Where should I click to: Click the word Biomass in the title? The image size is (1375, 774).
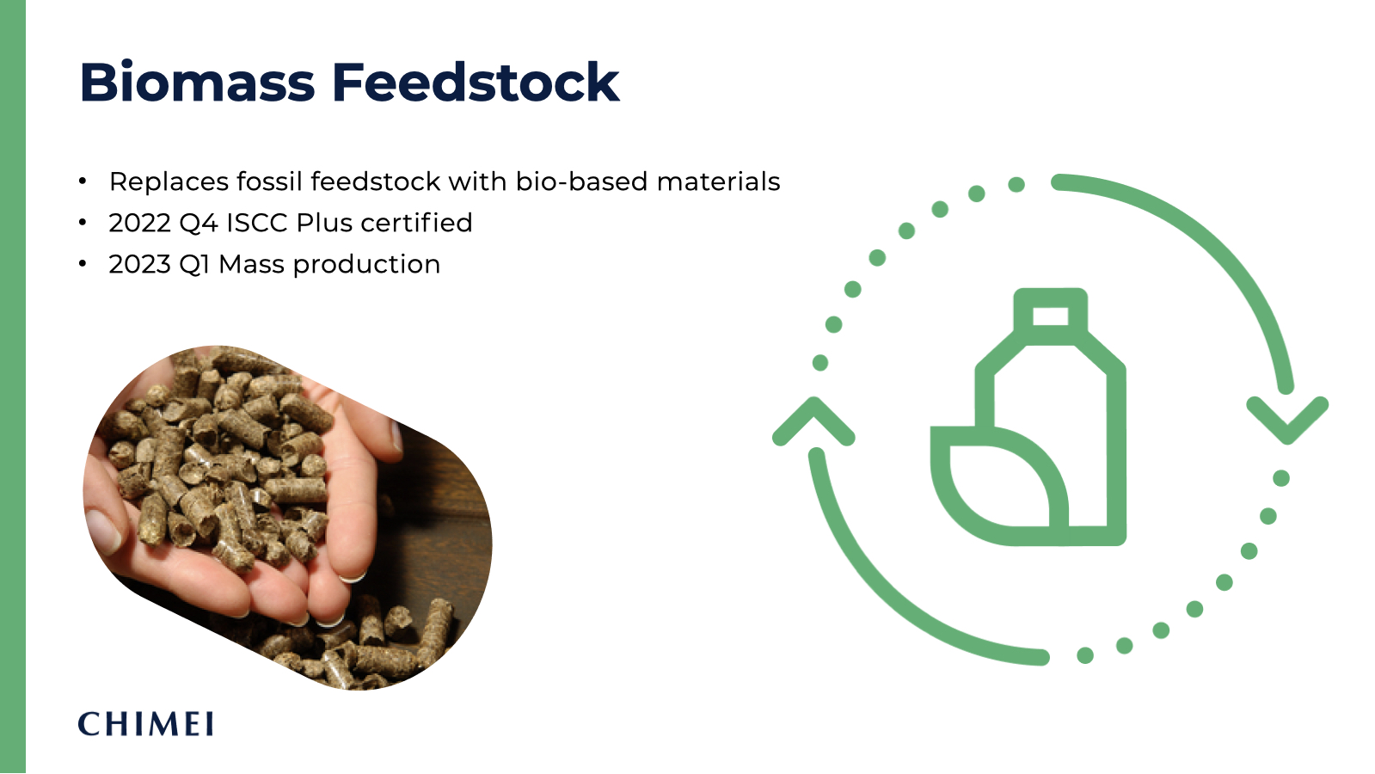coord(197,83)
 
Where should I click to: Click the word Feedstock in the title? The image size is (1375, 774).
coord(476,83)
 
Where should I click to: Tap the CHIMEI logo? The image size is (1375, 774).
coord(145,724)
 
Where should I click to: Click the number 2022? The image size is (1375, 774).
coord(139,224)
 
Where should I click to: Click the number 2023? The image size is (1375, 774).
coord(139,265)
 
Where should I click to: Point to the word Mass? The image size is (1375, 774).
coord(251,265)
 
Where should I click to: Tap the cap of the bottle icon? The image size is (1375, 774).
coord(1050,313)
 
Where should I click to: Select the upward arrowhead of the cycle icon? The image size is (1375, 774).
coord(813,420)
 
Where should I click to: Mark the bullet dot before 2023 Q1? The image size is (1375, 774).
coord(83,264)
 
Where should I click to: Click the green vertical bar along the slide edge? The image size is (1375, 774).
coord(12,387)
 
